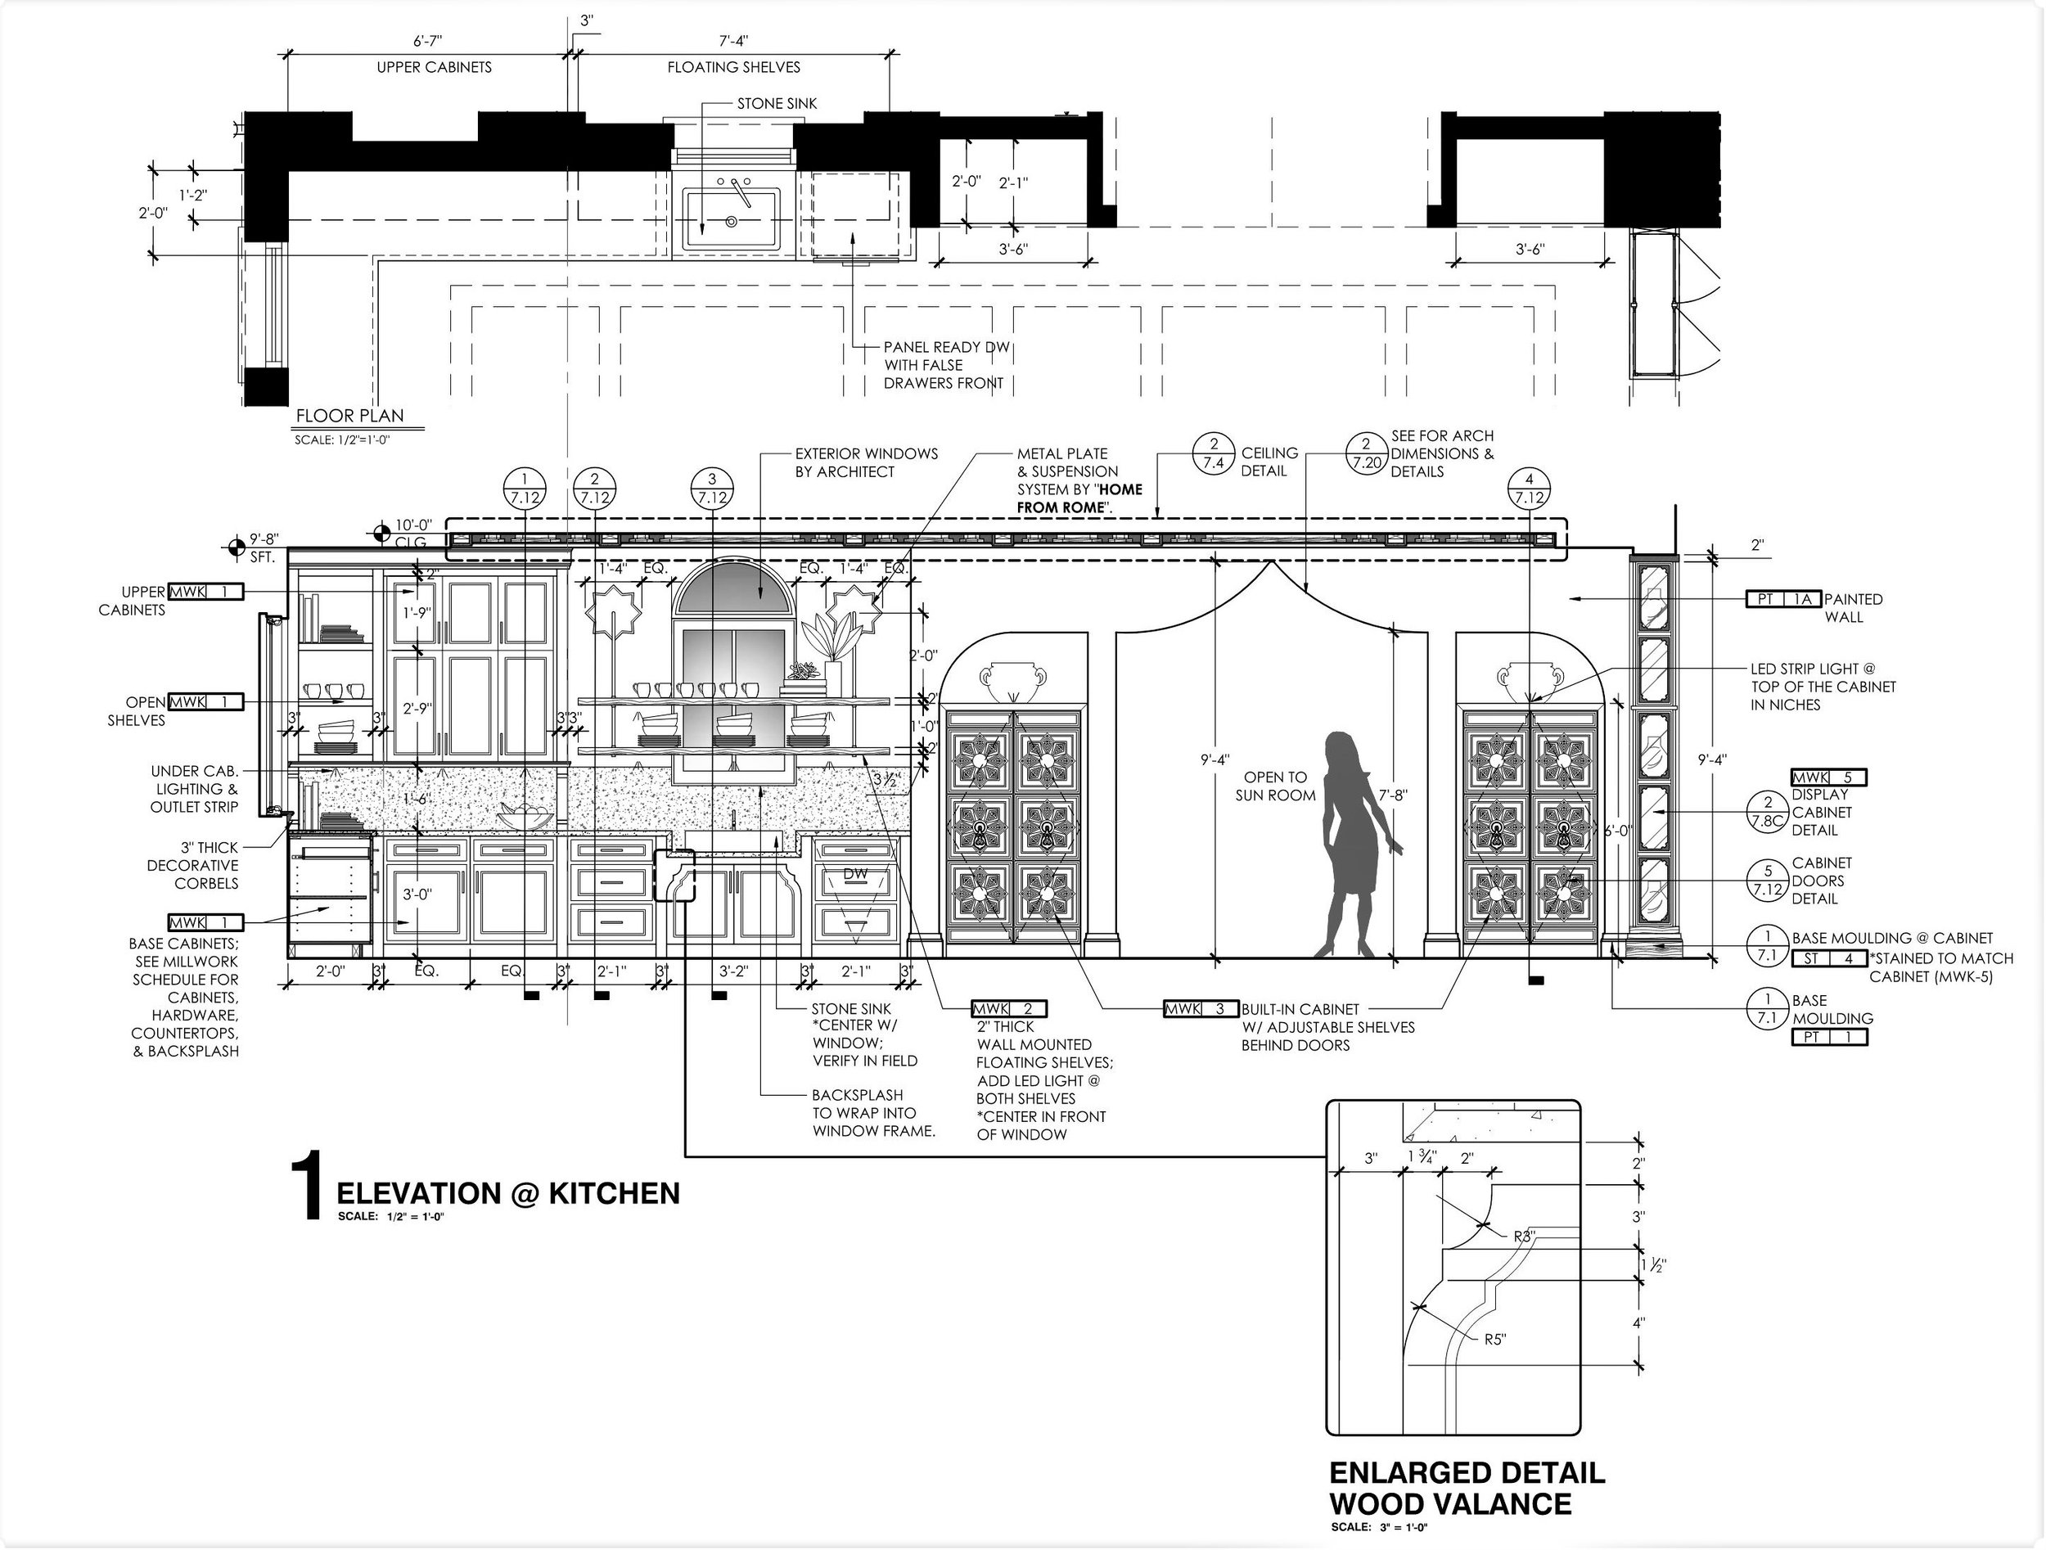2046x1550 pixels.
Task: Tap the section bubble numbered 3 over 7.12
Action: coord(712,489)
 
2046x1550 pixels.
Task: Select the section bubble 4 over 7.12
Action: coord(1530,489)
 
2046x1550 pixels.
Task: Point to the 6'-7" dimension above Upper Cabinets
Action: coord(427,42)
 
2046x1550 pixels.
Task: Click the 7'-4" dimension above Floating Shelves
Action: coord(733,42)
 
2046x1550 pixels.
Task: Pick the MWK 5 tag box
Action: coord(1828,777)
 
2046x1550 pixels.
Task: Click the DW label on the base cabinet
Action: coord(854,874)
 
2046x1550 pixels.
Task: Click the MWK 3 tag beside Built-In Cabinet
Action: coord(1201,1009)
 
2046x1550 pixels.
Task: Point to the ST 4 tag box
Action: coord(1828,958)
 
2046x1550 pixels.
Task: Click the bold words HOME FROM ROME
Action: coord(1079,498)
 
